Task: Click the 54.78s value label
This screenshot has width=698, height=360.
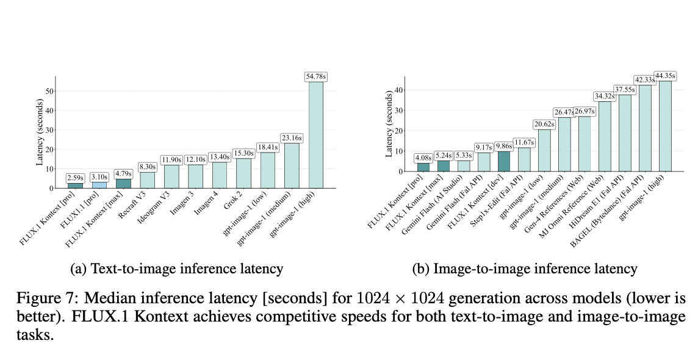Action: point(315,77)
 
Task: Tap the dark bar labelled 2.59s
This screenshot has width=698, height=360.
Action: point(75,185)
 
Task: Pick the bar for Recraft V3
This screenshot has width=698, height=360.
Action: point(147,180)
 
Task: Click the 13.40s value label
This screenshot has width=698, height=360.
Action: point(219,157)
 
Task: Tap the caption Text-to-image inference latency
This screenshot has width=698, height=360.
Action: point(177,268)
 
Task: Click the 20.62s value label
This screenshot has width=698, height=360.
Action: point(544,124)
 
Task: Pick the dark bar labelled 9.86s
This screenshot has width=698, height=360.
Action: point(505,162)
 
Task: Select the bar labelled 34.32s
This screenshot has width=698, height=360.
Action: point(604,137)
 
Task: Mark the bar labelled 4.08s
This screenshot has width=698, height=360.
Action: point(423,167)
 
